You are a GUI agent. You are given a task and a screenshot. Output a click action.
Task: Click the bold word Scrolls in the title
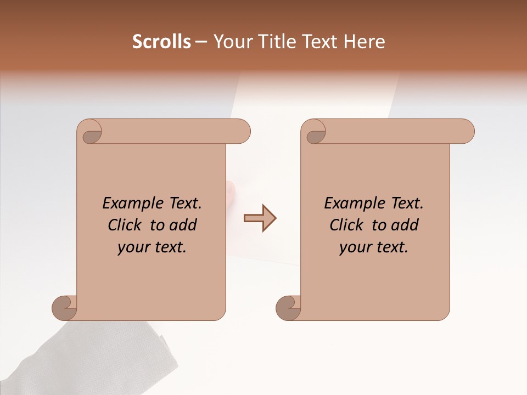click(161, 42)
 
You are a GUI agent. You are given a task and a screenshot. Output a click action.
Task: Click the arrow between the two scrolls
click(260, 218)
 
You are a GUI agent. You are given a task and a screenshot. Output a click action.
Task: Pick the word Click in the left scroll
click(126, 225)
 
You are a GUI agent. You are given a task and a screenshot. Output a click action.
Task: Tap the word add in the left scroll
click(183, 225)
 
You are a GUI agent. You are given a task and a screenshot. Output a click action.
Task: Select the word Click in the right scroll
click(348, 225)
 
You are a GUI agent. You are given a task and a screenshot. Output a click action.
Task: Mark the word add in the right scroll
click(405, 225)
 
